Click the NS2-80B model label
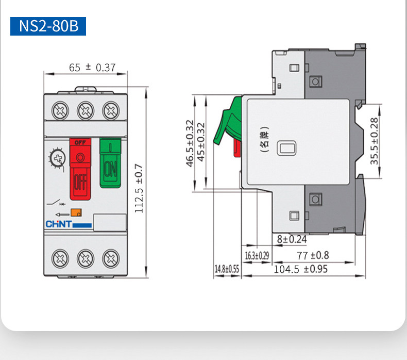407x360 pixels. coord(48,26)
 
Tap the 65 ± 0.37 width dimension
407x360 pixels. coord(92,68)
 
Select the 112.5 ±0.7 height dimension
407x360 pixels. coord(139,188)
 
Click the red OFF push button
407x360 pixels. coord(80,169)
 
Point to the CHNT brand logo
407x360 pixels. coord(69,224)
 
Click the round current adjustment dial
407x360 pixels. coord(58,158)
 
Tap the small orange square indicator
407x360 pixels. coord(76,212)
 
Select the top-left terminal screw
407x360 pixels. coord(60,110)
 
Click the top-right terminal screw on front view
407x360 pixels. coord(111,110)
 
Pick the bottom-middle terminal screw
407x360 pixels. coord(86,258)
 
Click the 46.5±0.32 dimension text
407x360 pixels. coord(190,143)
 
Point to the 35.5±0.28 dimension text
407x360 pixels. coord(374,141)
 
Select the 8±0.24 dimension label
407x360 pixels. coord(292,239)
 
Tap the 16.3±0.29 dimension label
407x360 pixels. coord(257,256)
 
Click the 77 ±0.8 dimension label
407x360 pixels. coord(313,255)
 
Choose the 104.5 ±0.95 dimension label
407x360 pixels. coord(300,269)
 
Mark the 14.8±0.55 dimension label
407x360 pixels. coord(227,269)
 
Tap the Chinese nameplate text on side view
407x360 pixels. coord(264,139)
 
